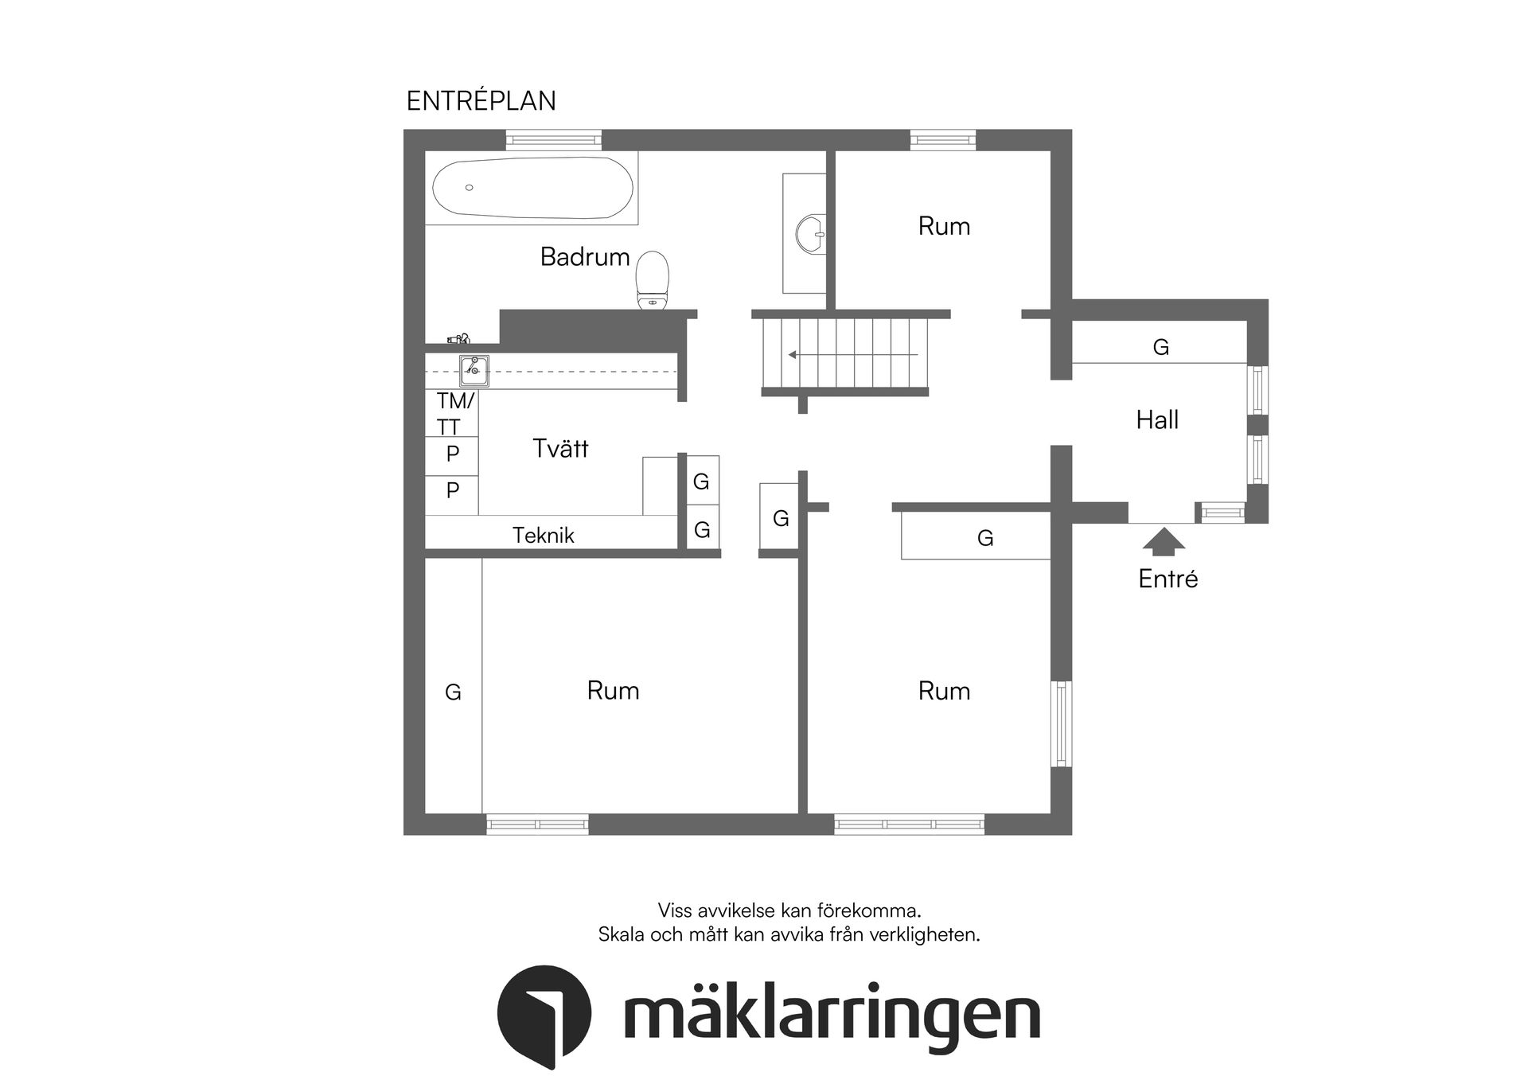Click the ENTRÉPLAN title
(481, 101)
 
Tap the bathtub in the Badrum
(532, 188)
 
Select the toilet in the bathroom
(653, 280)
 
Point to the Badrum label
(584, 256)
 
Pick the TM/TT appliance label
(454, 413)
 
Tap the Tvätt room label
(559, 448)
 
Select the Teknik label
(543, 535)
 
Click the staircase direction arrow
(852, 354)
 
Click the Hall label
(1156, 419)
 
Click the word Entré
(1167, 579)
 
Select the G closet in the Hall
(1160, 347)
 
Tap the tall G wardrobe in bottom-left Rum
(453, 692)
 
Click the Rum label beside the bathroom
(944, 226)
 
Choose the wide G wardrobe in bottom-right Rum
(984, 538)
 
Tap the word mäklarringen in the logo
(832, 1016)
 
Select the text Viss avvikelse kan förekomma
(789, 910)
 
